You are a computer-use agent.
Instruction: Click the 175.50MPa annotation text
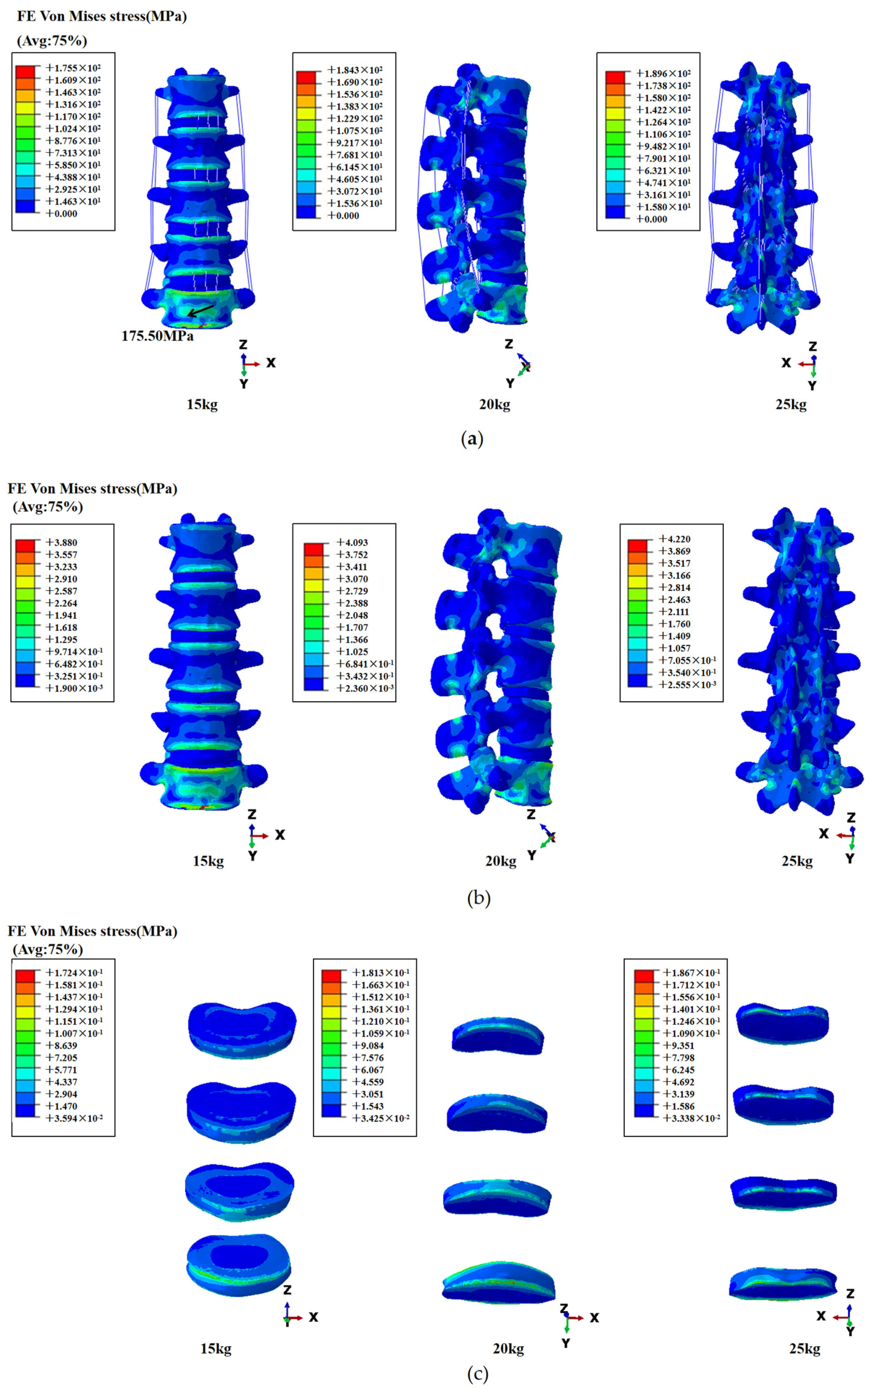pyautogui.click(x=157, y=336)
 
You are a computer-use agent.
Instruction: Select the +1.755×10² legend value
pyautogui.click(x=73, y=68)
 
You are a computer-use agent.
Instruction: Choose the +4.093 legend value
pyautogui.click(x=353, y=542)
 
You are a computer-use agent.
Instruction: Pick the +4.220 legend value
pyautogui.click(x=675, y=539)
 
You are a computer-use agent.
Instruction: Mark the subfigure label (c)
pyautogui.click(x=477, y=1375)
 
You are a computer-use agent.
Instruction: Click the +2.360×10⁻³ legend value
pyautogui.click(x=365, y=688)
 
